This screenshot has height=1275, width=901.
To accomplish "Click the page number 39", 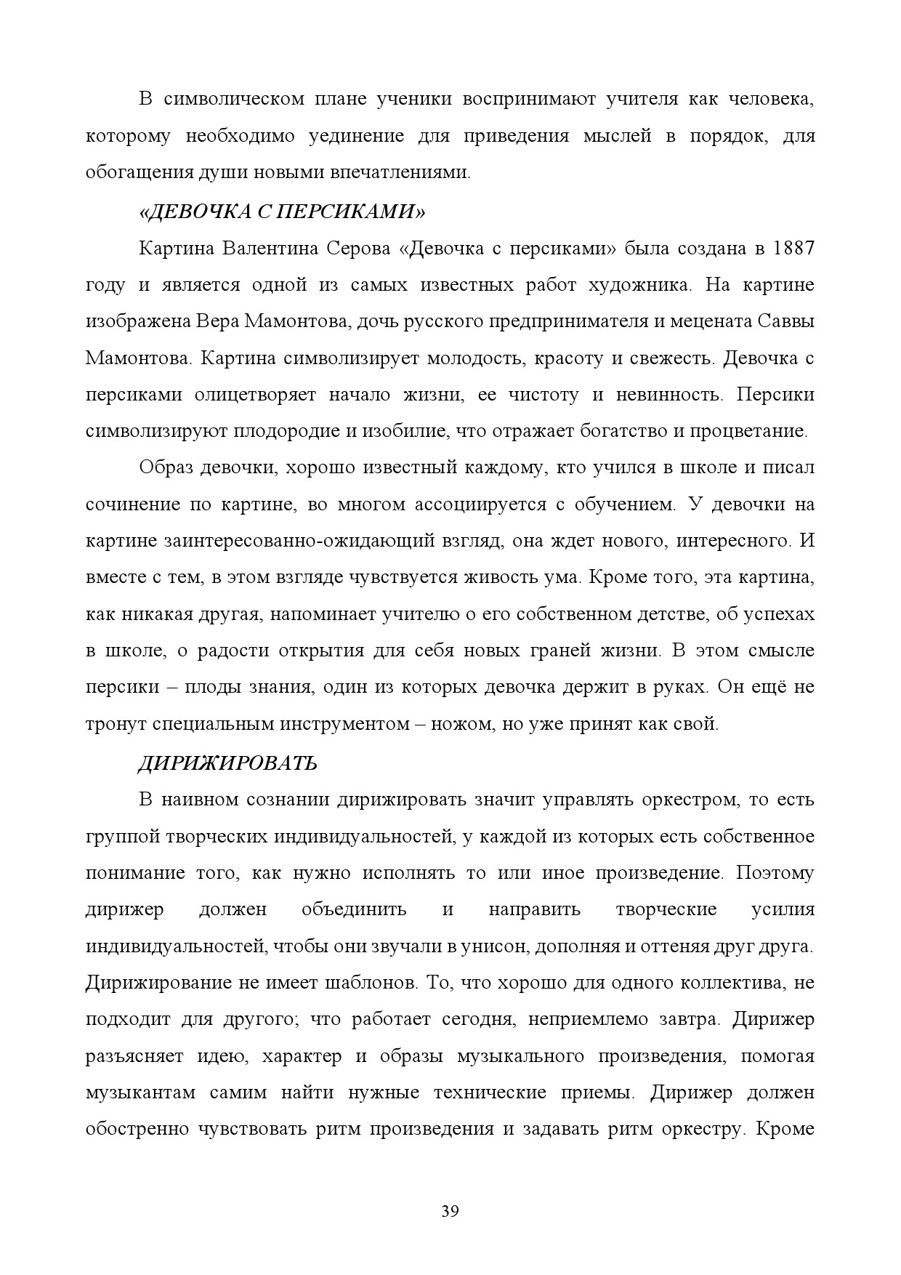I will click(x=450, y=1212).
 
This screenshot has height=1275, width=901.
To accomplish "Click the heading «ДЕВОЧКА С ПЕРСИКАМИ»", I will click(x=281, y=212).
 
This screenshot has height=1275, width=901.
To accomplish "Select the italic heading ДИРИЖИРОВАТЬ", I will click(x=227, y=763).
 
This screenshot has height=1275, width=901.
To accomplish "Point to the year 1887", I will click(x=794, y=249).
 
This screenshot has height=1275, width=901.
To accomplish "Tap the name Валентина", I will click(x=270, y=249).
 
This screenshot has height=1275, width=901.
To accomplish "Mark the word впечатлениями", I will click(x=401, y=174).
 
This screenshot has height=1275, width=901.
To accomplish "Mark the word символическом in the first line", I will click(x=233, y=100).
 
